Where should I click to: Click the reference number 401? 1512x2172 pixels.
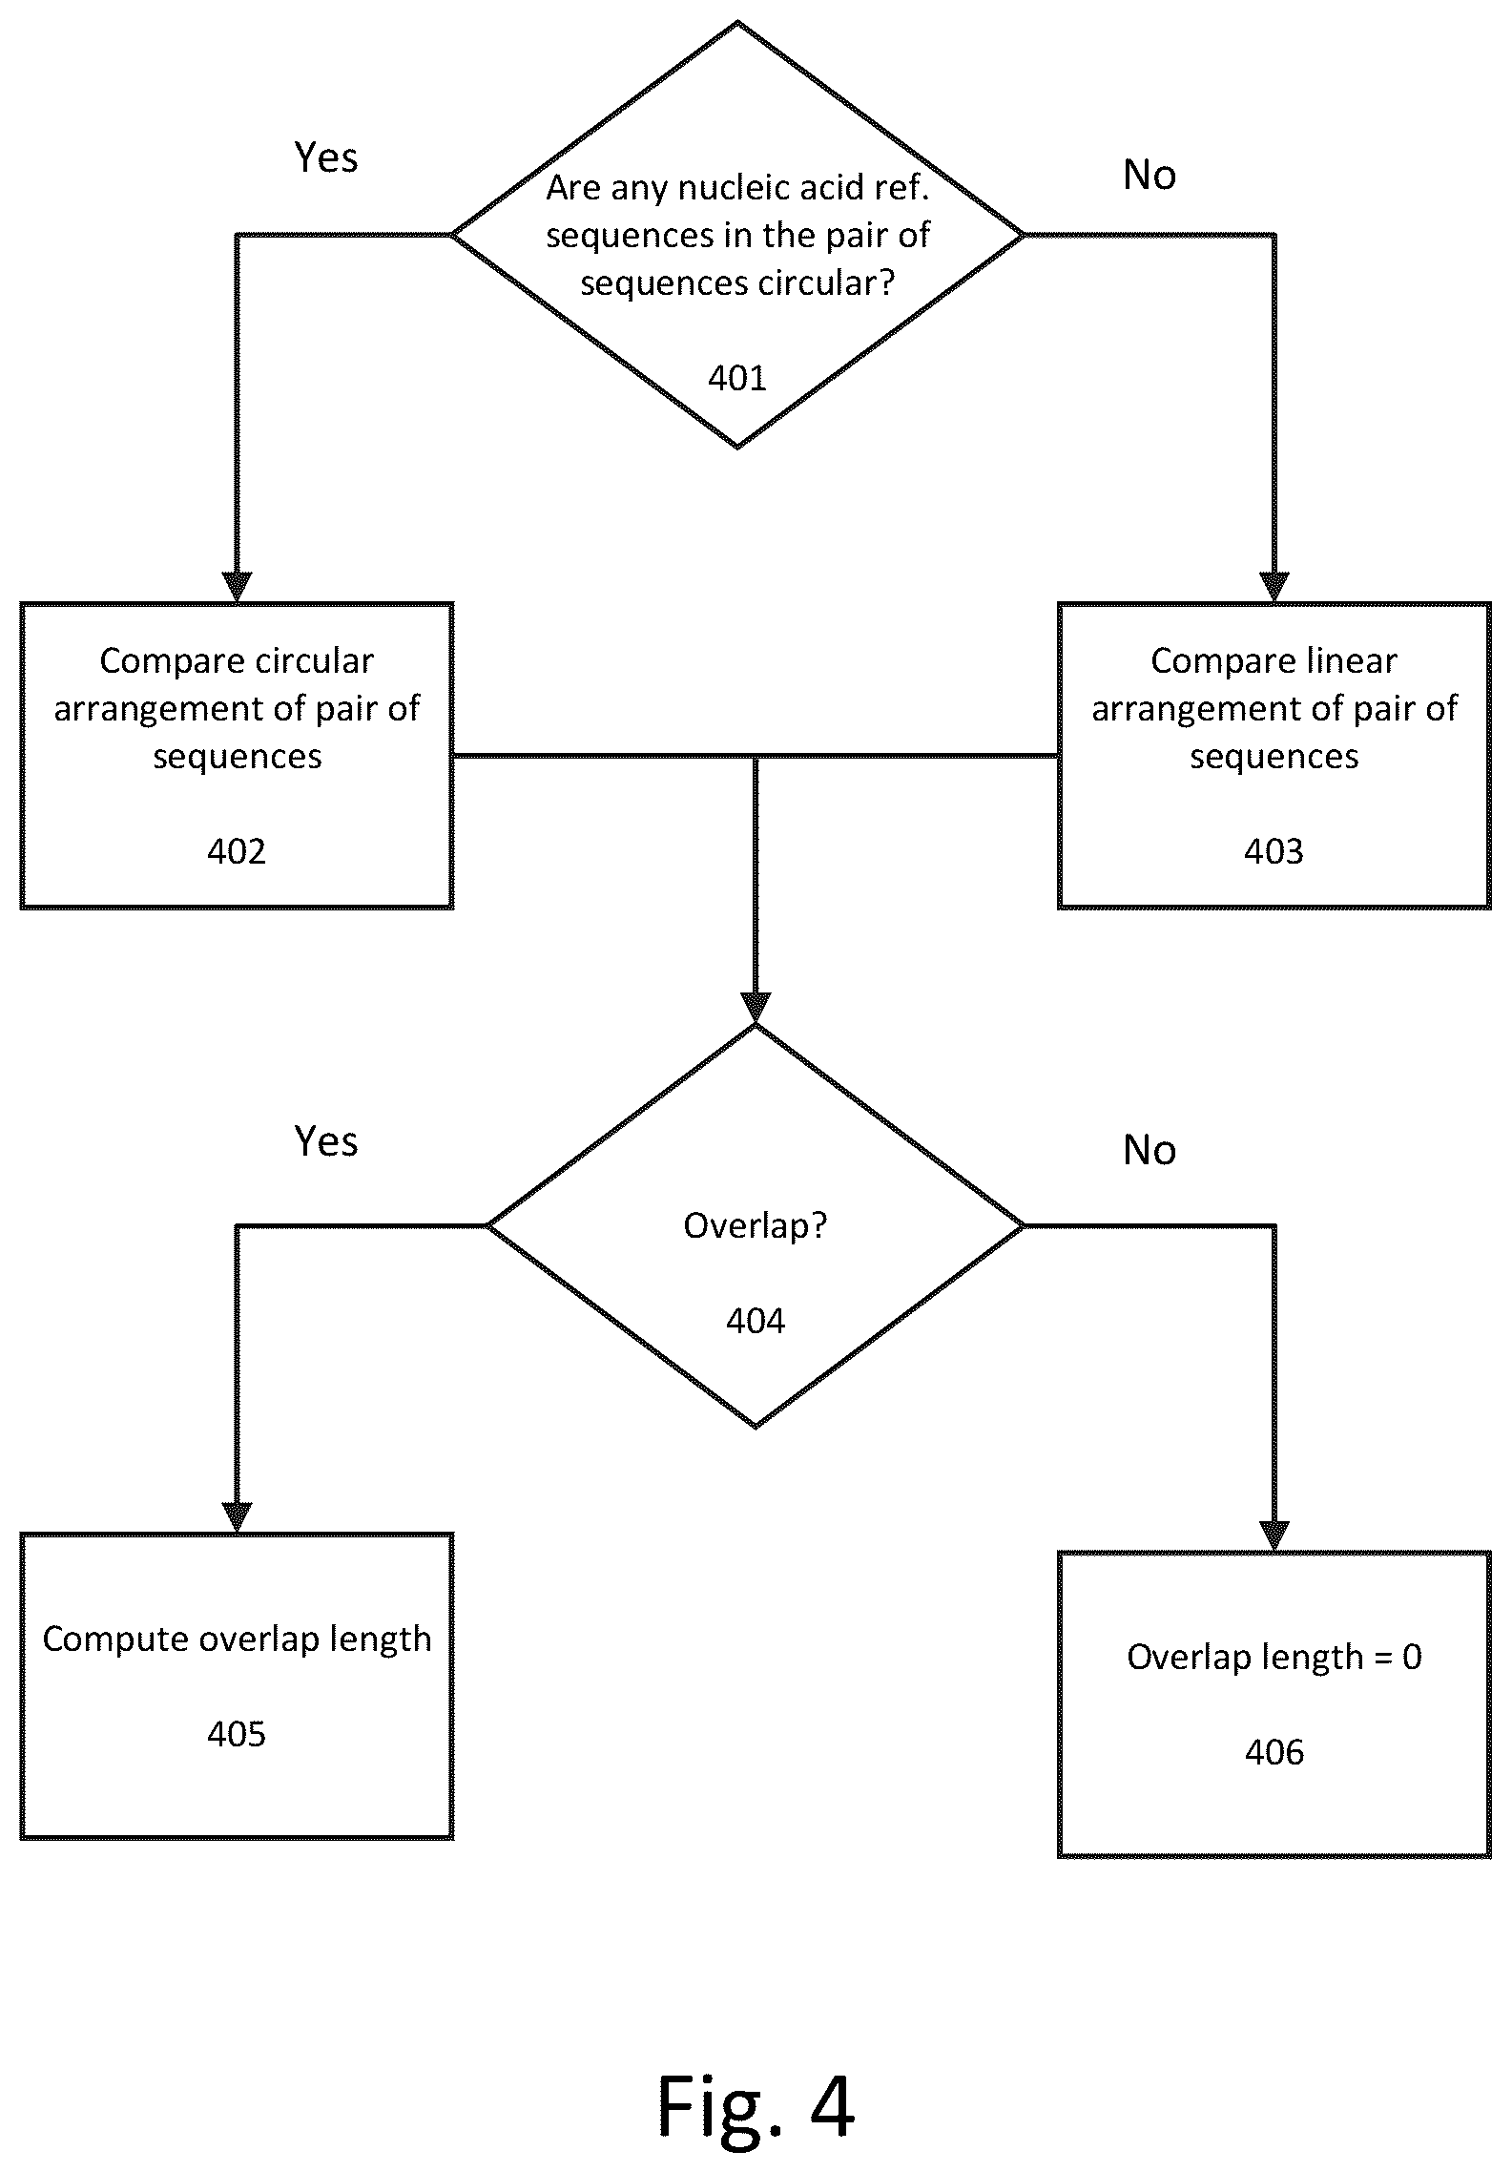pyautogui.click(x=737, y=379)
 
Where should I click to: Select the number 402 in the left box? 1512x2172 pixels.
pyautogui.click(x=237, y=851)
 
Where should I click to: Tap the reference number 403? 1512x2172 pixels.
pyautogui.click(x=1274, y=851)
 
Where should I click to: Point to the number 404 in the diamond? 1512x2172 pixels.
pyautogui.click(x=756, y=1321)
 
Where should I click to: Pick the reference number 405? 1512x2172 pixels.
pyautogui.click(x=237, y=1734)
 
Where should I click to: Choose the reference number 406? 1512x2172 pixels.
pyautogui.click(x=1274, y=1752)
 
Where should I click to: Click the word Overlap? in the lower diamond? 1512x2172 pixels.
pyautogui.click(x=756, y=1226)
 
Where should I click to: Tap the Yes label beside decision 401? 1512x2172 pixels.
pyautogui.click(x=326, y=157)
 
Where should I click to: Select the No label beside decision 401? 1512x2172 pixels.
pyautogui.click(x=1150, y=176)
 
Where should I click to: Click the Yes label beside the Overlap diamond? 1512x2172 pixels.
pyautogui.click(x=326, y=1141)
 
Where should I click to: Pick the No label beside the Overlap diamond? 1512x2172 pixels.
pyautogui.click(x=1150, y=1151)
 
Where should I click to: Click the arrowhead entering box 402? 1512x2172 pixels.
pyautogui.click(x=237, y=587)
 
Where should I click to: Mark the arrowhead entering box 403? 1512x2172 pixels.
pyautogui.click(x=1274, y=587)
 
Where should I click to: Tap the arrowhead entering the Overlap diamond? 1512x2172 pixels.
pyautogui.click(x=756, y=1009)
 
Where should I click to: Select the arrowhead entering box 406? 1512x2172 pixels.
pyautogui.click(x=1274, y=1536)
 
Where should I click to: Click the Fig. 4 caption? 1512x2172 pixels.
pyautogui.click(x=756, y=2107)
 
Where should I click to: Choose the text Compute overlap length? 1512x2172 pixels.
pyautogui.click(x=237, y=1639)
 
